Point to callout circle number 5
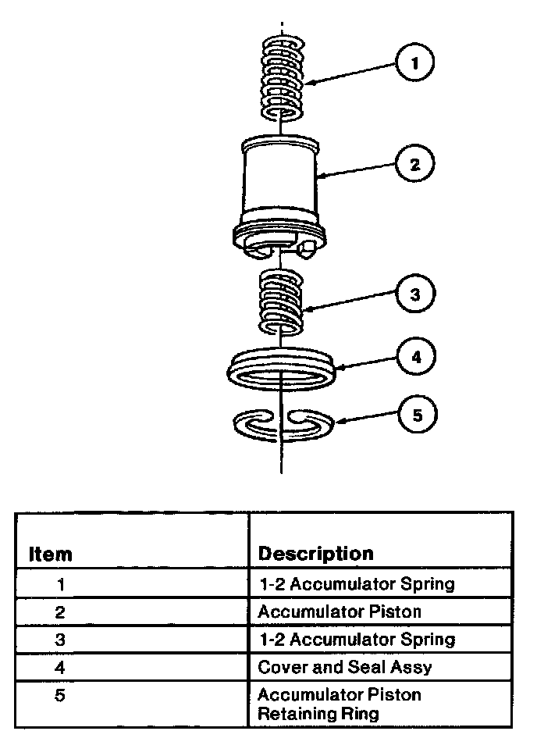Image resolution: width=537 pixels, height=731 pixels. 416,415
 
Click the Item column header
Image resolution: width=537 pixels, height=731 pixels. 51,554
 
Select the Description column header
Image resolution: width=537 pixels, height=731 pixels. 315,554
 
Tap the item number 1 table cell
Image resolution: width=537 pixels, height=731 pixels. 61,583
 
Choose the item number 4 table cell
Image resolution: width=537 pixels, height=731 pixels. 61,668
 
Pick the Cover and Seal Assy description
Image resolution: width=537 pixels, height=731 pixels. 345,668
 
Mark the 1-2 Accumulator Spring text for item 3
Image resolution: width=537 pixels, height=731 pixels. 356,640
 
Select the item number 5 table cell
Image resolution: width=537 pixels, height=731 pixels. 61,695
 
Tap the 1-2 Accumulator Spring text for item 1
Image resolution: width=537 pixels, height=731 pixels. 356,583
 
